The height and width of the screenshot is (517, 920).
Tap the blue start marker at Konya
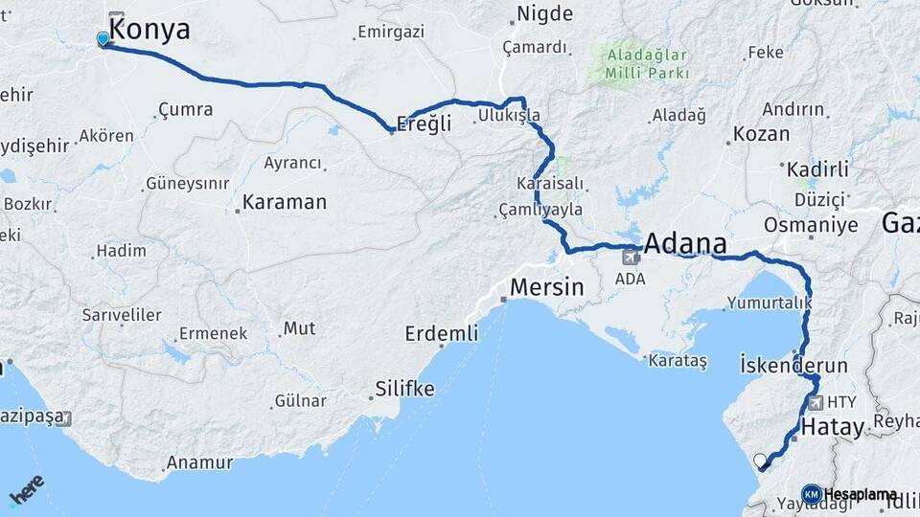tap(103, 39)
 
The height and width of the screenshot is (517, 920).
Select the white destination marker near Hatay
tap(761, 461)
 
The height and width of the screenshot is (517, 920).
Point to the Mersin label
tap(546, 286)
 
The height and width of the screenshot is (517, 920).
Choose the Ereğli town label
tap(424, 124)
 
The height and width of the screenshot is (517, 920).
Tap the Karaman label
tap(284, 203)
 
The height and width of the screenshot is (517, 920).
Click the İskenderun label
tap(793, 366)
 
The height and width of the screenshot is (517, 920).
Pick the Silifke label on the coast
tap(402, 389)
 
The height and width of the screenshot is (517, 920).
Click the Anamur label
tap(199, 463)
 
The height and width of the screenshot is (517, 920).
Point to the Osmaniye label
tap(811, 225)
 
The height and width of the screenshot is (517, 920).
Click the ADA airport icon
tap(631, 256)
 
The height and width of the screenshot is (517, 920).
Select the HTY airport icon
tap(816, 404)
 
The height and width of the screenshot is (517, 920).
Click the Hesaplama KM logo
tap(812, 494)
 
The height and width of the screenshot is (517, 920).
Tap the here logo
tap(26, 491)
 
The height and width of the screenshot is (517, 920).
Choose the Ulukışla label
tap(509, 116)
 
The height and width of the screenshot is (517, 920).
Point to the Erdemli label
tap(441, 333)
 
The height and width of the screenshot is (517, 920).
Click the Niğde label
tap(544, 13)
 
